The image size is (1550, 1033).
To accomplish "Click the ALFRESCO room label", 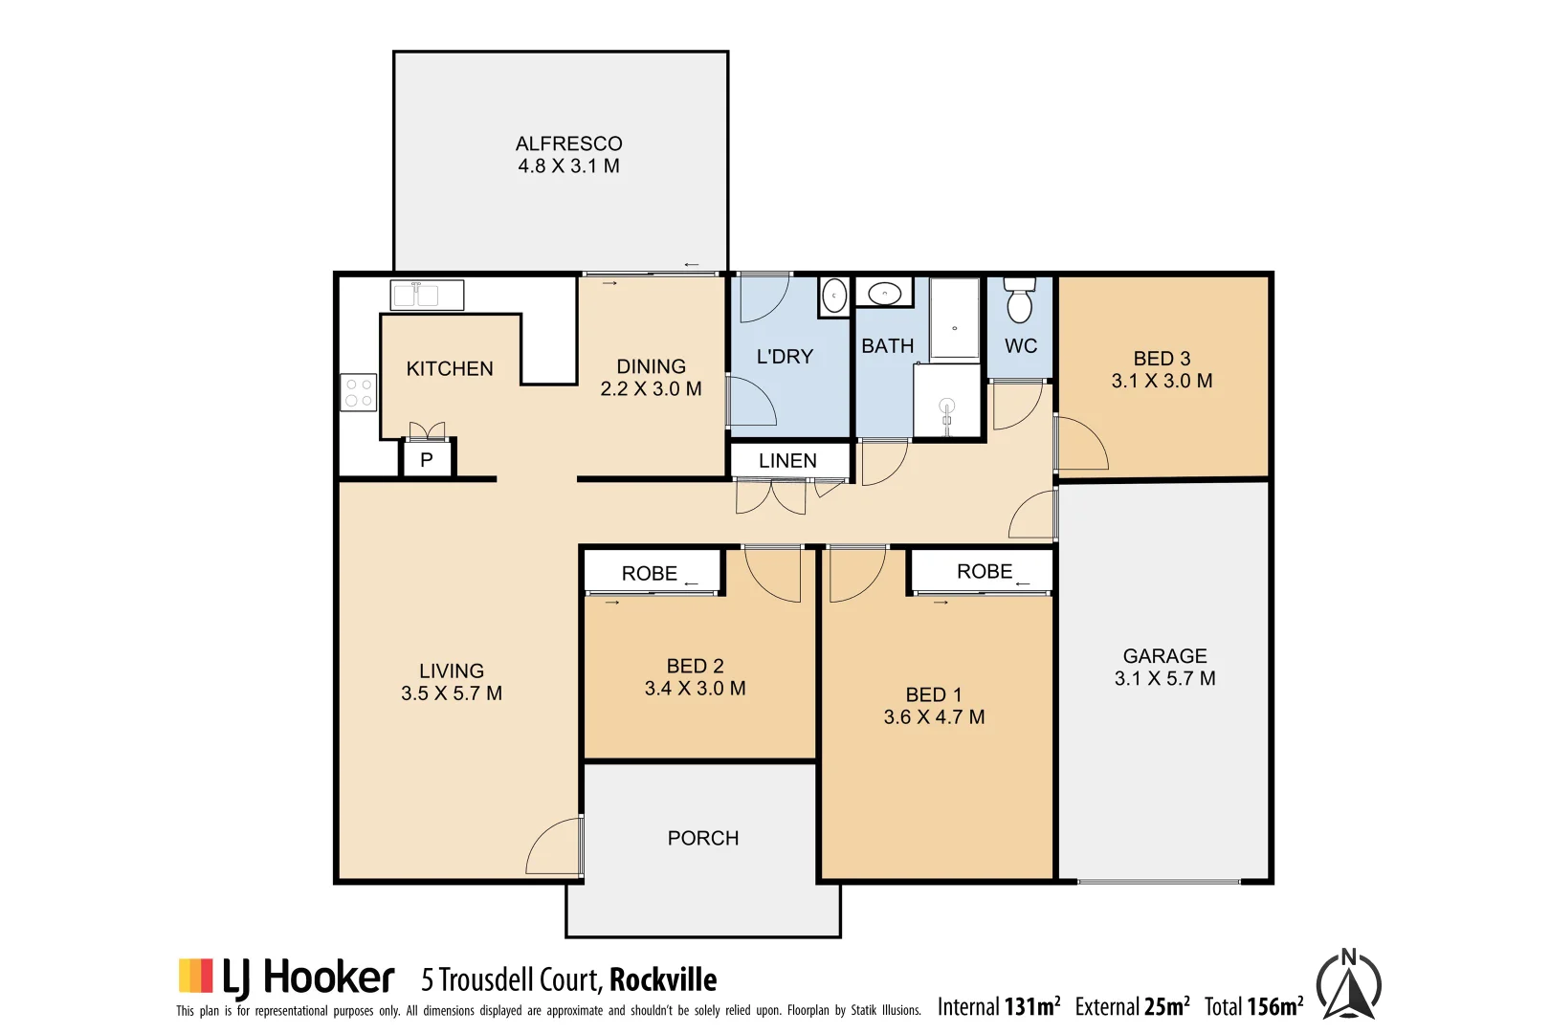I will pyautogui.click(x=568, y=144).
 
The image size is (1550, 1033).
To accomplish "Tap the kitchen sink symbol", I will pyautogui.click(x=427, y=295).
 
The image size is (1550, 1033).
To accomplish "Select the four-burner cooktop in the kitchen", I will pyautogui.click(x=359, y=392).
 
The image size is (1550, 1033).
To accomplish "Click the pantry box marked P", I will pyautogui.click(x=427, y=460).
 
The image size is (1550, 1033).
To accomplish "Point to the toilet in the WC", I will pyautogui.click(x=1019, y=301).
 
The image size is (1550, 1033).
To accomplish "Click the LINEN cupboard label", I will pyautogui.click(x=787, y=461).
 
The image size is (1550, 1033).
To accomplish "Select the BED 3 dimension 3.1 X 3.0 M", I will pyautogui.click(x=1162, y=381).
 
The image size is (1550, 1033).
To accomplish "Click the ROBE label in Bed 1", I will pyautogui.click(x=984, y=572).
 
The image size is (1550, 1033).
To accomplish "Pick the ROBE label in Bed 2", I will pyautogui.click(x=649, y=574).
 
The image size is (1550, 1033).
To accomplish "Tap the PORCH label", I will pyautogui.click(x=702, y=839).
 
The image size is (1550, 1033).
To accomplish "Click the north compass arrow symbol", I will pyautogui.click(x=1348, y=986).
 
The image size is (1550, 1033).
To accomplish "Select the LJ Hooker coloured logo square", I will pyautogui.click(x=195, y=976).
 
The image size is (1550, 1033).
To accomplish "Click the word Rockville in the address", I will pyautogui.click(x=663, y=980).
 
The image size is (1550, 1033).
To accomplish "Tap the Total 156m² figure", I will pyautogui.click(x=1253, y=1007).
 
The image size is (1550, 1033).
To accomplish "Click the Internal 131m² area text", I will pyautogui.click(x=998, y=1007).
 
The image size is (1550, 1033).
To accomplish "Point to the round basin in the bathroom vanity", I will pyautogui.click(x=884, y=294).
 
